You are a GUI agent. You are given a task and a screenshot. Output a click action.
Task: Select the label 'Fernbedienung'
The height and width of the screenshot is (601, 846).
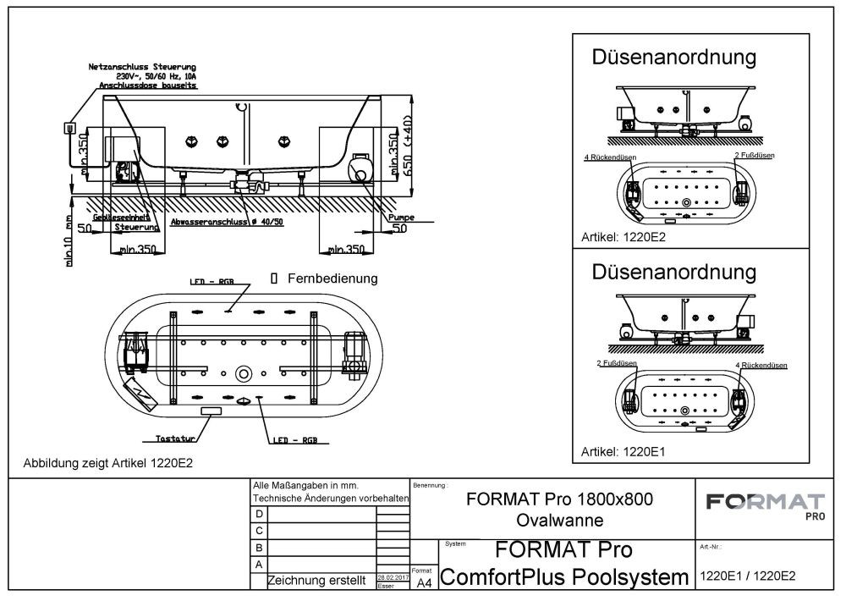coord(332,278)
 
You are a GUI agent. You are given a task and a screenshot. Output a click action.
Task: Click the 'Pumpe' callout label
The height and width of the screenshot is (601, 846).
coord(400,218)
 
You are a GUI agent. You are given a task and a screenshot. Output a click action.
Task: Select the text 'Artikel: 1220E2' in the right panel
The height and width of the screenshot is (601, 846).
coord(624,238)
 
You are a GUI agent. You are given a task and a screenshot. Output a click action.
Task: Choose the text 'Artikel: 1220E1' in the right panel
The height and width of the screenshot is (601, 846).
coord(624,452)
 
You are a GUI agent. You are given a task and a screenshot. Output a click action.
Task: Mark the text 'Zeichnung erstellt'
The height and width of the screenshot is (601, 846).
coord(316,581)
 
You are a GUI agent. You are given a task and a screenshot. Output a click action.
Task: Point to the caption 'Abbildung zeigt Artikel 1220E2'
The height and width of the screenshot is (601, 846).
coord(113,463)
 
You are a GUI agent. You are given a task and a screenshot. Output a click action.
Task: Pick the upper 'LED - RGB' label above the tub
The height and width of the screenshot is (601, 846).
coord(211,281)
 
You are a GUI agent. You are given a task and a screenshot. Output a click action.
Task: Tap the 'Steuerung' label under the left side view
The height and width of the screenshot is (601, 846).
coord(138,229)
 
